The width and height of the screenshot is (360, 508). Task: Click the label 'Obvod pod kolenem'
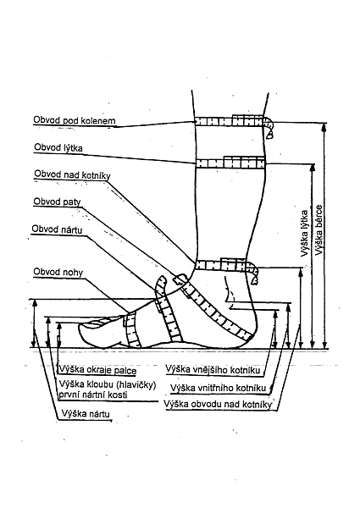tap(75, 120)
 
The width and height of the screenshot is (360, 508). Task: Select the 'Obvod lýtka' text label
tap(58, 147)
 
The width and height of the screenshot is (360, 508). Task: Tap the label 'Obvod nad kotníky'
tap(72, 174)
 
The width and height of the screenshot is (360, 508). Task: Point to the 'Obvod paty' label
tap(57, 202)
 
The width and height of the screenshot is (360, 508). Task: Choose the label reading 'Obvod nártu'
tap(57, 229)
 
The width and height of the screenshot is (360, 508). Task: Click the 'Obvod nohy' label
tap(58, 272)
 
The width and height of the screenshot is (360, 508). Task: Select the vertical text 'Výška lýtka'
tap(304, 234)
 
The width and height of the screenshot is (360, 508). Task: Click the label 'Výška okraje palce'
tap(98, 370)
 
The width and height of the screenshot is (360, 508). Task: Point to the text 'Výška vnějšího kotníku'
tap(213, 369)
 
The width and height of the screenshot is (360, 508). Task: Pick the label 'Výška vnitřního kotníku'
tap(218, 388)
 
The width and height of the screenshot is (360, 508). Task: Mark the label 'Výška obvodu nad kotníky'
tap(218, 405)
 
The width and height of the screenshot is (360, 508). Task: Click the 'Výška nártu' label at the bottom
tap(86, 414)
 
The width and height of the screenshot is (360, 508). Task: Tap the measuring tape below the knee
tap(234, 121)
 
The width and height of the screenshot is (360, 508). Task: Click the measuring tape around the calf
tap(230, 163)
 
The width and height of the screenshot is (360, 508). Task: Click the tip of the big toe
tap(79, 330)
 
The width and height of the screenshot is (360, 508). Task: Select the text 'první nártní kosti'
tap(93, 395)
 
